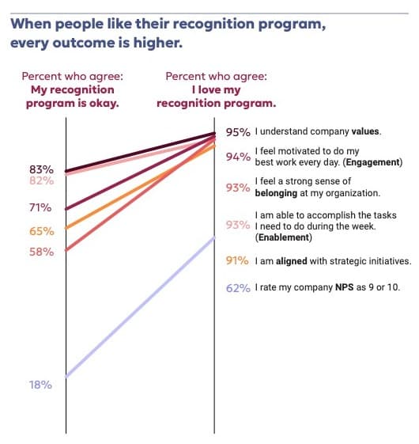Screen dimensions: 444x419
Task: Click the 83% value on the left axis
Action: coord(41,169)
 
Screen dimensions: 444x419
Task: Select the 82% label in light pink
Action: coord(41,180)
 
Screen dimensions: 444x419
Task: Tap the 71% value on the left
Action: coord(41,207)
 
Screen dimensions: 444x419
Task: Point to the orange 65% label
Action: coord(41,231)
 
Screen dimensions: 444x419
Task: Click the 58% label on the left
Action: coord(41,252)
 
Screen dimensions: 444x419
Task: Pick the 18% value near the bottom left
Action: coord(41,385)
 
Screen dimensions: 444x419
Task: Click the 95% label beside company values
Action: coord(238,131)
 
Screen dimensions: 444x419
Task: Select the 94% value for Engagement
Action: coord(238,157)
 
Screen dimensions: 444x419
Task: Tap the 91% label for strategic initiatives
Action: coord(238,261)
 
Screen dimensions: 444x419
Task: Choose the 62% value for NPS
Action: coord(238,287)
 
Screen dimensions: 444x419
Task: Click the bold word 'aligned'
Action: coord(293,261)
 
